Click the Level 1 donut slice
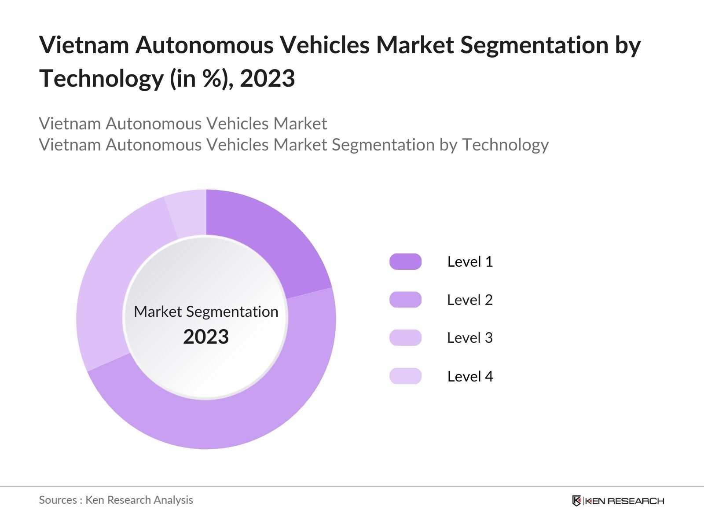(264, 238)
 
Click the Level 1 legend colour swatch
(405, 262)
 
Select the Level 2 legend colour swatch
(405, 300)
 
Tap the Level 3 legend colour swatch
(405, 338)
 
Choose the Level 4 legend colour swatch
(405, 376)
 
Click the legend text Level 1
(470, 262)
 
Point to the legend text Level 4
(470, 376)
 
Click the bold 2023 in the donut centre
(206, 337)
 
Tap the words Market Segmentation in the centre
(206, 312)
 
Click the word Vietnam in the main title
(84, 45)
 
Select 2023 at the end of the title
(267, 79)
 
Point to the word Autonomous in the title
(204, 45)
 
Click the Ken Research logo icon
(576, 501)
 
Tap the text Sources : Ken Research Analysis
(116, 500)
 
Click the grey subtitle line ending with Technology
(293, 145)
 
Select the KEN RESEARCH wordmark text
(624, 501)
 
